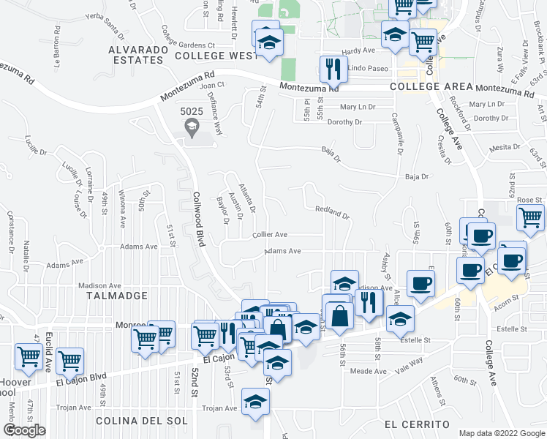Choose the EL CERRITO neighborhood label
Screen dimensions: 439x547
click(416, 424)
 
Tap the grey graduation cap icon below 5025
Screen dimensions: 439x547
click(192, 129)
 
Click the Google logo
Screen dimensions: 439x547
click(24, 430)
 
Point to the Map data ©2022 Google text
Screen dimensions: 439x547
click(501, 433)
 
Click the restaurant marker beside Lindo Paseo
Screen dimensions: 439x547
click(333, 70)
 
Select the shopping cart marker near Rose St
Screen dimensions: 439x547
click(530, 217)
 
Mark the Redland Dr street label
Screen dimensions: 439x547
click(333, 212)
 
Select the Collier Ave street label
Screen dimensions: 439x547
click(269, 235)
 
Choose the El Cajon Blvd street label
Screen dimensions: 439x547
click(81, 378)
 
